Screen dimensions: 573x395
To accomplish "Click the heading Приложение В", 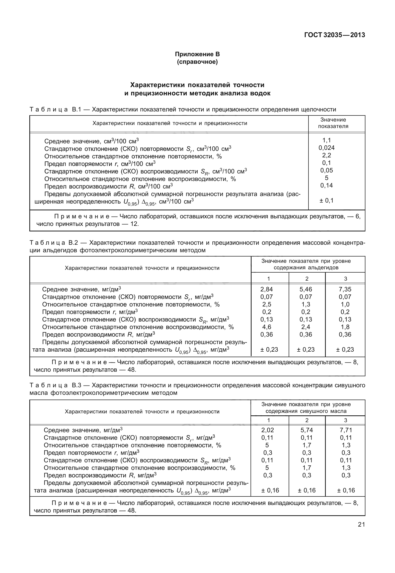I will (x=197, y=54).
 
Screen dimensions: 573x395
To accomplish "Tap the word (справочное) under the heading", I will (x=197, y=62).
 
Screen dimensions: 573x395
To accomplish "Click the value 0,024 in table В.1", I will (x=327, y=148).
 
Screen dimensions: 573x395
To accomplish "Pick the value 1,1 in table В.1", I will (x=327, y=140).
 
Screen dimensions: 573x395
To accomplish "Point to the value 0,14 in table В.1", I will (x=327, y=185).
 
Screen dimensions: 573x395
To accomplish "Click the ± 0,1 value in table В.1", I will (x=327, y=201).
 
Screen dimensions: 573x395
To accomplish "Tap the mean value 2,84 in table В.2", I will (x=267, y=289).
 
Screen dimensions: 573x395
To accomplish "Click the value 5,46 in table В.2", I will (x=306, y=289).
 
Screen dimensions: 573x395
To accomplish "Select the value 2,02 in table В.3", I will (x=268, y=430).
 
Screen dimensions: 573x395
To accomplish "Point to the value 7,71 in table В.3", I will (x=346, y=430).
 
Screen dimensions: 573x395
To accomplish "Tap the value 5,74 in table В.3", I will (x=307, y=430).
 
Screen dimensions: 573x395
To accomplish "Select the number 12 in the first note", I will (x=134, y=224).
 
